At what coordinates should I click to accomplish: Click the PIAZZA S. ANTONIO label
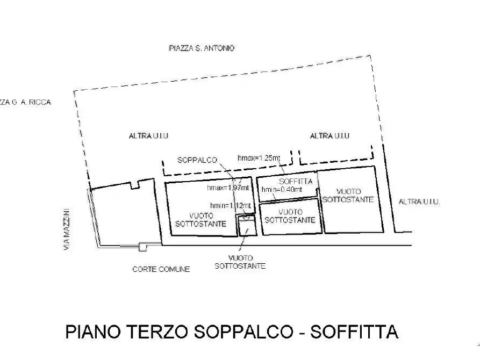202,48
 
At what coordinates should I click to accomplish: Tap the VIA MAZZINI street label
67,229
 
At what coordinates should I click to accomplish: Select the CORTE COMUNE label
161,269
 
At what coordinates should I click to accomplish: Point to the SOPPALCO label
197,160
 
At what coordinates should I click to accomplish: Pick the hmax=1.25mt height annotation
259,158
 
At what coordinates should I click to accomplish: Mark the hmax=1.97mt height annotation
228,188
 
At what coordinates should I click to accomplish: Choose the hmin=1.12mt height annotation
231,206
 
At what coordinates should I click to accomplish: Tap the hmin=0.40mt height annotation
282,190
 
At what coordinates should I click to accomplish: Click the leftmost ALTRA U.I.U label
149,136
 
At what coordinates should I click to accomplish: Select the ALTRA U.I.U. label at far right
420,202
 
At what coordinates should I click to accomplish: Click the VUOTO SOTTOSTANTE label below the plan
240,262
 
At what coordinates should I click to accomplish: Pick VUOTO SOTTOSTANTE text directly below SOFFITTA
290,216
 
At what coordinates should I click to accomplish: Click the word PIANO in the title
92,332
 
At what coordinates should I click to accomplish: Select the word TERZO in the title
160,332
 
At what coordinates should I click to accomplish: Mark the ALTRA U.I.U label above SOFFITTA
329,136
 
